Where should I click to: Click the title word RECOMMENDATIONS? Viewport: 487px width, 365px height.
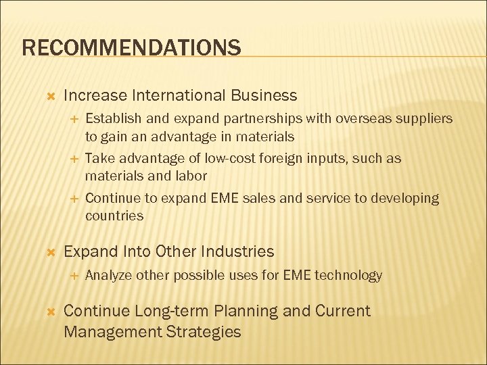pyautogui.click(x=131, y=48)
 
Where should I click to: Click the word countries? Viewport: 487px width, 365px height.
pyautogui.click(x=114, y=216)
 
